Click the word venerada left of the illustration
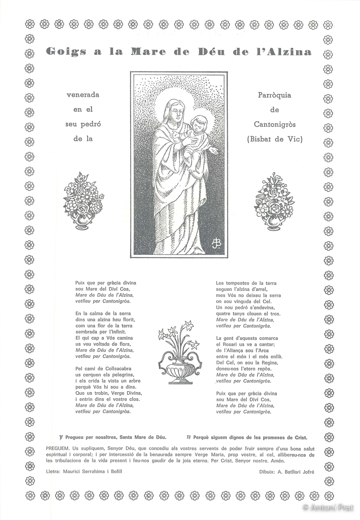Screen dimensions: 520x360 (x=82, y=95)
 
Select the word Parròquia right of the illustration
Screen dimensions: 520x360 (x=275, y=95)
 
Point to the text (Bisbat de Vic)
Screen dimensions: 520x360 (x=275, y=139)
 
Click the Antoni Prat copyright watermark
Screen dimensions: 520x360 (x=329, y=507)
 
